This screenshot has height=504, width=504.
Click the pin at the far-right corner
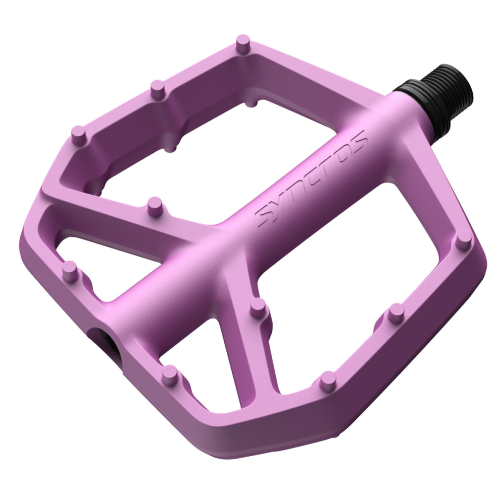(x=463, y=240)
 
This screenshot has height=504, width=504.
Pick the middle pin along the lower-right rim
(x=396, y=312)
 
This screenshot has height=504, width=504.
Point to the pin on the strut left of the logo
(x=155, y=206)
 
